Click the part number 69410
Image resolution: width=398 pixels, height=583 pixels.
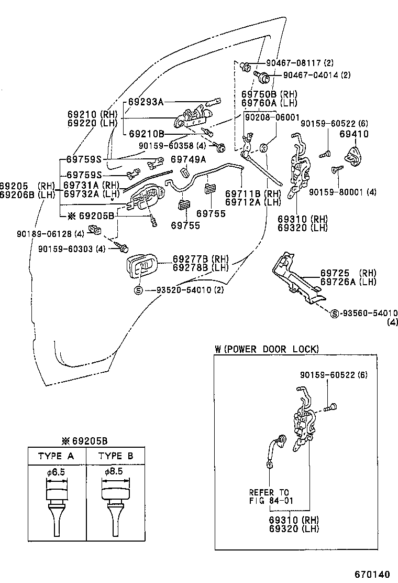pos(354,134)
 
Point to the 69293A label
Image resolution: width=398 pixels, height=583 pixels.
pos(146,102)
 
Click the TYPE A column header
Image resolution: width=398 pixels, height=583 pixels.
pos(56,456)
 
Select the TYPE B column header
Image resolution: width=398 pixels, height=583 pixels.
pos(116,456)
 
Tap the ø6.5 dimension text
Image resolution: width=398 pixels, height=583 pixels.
pos(56,472)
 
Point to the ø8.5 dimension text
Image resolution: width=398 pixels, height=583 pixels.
pos(114,472)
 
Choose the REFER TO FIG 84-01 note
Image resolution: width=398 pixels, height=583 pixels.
pos(269,496)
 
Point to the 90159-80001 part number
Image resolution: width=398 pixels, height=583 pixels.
pos(342,192)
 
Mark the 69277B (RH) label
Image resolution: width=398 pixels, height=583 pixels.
pos(194,259)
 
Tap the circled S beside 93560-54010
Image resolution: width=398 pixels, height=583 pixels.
pos(335,314)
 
